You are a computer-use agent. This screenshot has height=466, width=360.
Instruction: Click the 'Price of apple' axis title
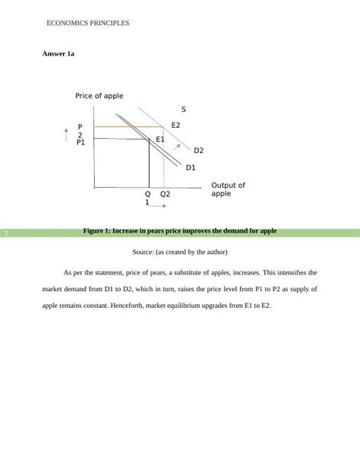[99, 96]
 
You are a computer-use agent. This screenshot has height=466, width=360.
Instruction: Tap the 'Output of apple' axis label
[228, 189]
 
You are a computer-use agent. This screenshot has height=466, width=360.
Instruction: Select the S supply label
[184, 109]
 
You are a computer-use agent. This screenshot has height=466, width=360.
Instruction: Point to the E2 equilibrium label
[176, 125]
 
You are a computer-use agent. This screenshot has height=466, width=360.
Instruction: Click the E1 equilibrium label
[160, 139]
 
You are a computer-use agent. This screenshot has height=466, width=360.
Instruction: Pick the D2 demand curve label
[199, 151]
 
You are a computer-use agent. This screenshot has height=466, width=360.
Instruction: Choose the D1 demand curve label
[191, 167]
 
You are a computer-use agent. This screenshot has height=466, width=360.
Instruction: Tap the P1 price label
[81, 142]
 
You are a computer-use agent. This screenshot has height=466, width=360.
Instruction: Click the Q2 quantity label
[165, 194]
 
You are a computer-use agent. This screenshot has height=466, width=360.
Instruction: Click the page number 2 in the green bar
[5, 233]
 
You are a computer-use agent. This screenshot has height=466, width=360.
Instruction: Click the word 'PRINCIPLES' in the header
[111, 24]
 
